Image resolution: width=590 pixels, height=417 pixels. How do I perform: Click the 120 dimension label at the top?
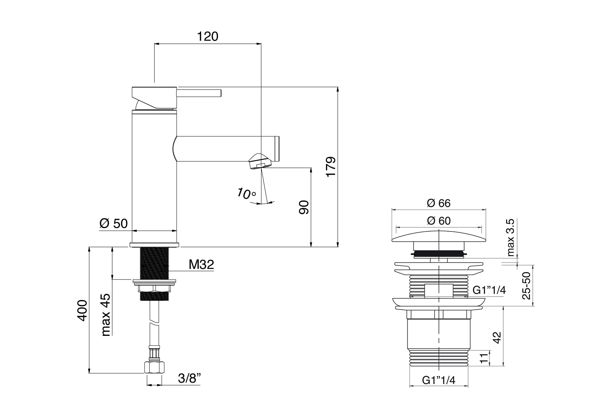click(207, 37)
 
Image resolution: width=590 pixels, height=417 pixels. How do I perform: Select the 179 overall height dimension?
click(331, 167)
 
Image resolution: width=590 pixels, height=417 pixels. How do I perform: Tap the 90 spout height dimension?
click(304, 207)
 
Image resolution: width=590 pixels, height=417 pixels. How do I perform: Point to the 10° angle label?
click(246, 194)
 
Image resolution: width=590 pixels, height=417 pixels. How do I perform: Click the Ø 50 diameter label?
click(114, 224)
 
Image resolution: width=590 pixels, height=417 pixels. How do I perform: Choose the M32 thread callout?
click(201, 265)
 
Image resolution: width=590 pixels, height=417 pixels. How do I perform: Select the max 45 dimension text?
click(106, 315)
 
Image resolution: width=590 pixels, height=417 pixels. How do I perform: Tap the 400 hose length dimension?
click(82, 310)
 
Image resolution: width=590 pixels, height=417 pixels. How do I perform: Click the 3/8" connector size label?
click(190, 378)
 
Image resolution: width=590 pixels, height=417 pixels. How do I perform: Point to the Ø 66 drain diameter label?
click(439, 203)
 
